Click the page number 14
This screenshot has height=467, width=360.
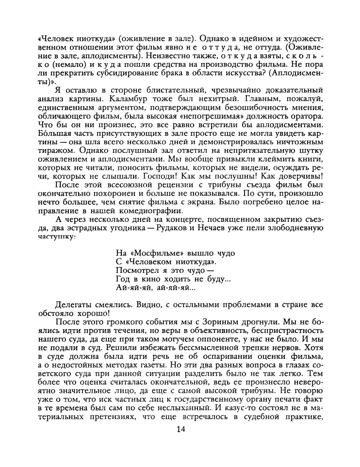pos(180,428)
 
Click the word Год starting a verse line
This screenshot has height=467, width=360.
pos(123,279)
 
